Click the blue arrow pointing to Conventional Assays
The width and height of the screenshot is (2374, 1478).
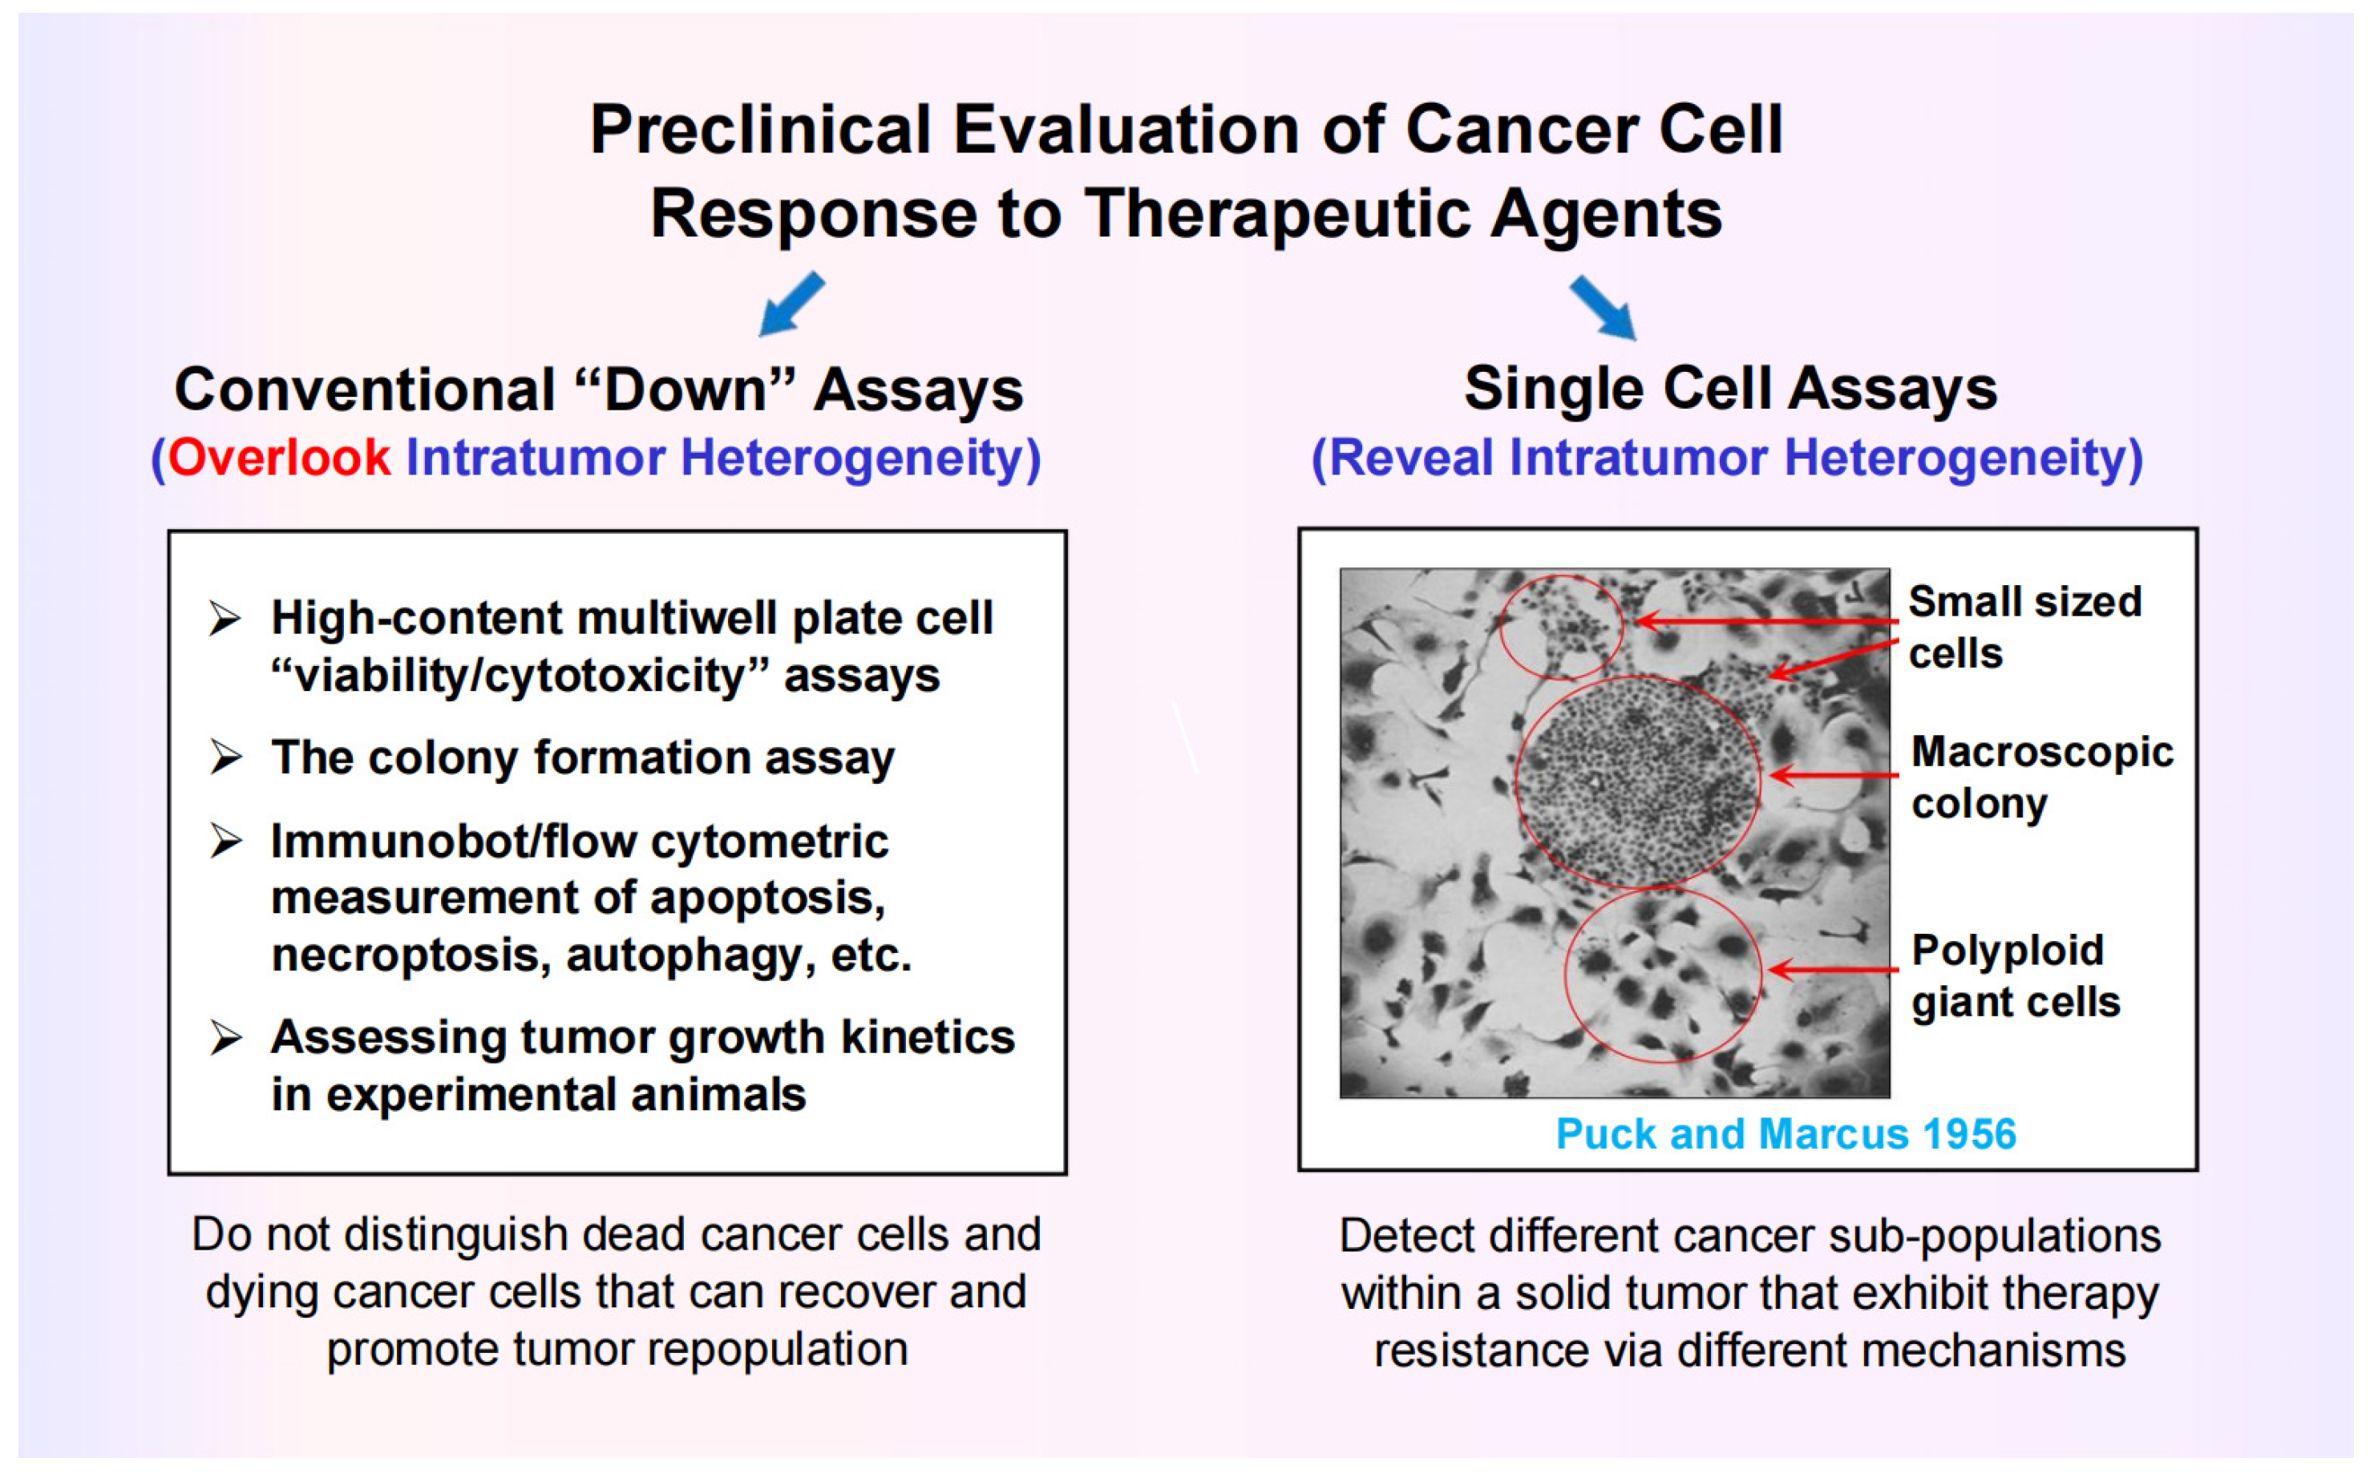pos(792,304)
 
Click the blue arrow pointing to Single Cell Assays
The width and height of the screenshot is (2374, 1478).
pos(1604,307)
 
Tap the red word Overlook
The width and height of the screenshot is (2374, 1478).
pos(280,458)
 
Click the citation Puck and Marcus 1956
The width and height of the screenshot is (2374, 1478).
pos(1786,1134)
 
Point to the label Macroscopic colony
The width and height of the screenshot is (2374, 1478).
pos(2041,778)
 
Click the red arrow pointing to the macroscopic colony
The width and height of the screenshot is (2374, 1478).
pos(1834,776)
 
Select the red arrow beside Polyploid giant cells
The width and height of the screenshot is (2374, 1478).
pos(1834,970)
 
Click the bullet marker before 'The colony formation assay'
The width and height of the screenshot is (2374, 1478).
pos(226,757)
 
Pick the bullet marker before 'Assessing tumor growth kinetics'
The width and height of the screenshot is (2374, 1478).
pos(226,1037)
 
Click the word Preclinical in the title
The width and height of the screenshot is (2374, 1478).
pos(761,130)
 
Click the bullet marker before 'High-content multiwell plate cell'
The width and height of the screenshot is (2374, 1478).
pos(226,619)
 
